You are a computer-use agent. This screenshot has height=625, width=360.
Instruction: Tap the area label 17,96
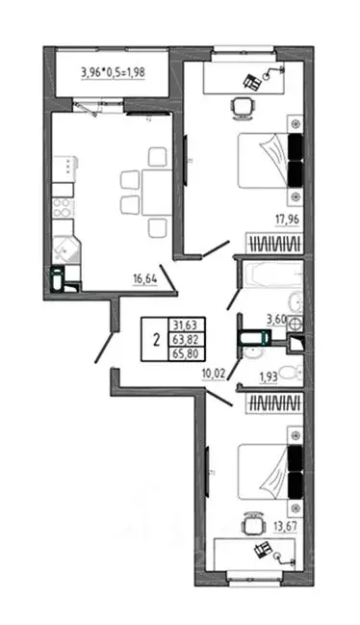point(283,220)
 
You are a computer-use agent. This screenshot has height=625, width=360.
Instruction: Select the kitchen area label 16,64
point(147,280)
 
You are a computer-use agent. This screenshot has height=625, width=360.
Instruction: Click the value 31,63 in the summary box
point(182,325)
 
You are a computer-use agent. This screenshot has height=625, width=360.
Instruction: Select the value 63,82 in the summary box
point(182,339)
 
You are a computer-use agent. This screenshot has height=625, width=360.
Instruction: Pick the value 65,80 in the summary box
point(182,353)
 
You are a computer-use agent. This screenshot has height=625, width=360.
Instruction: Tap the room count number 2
point(153,339)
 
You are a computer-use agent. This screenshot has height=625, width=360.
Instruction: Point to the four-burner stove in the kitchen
point(62,209)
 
